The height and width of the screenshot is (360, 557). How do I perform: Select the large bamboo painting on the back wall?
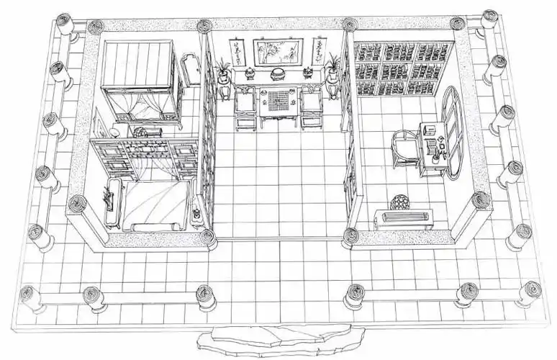(x=277, y=52)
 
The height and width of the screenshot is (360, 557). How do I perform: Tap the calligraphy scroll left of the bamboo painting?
(x=235, y=53)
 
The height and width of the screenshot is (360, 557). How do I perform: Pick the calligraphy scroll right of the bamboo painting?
(x=317, y=53)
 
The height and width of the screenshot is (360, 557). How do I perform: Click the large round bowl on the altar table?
(x=277, y=73)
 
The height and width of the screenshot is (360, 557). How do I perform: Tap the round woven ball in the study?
(x=398, y=203)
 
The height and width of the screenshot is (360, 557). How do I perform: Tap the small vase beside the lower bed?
(x=197, y=214)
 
